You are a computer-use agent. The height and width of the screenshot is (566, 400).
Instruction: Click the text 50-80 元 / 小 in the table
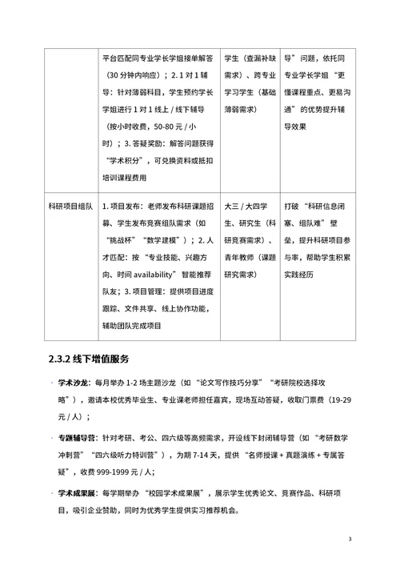point(169,129)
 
